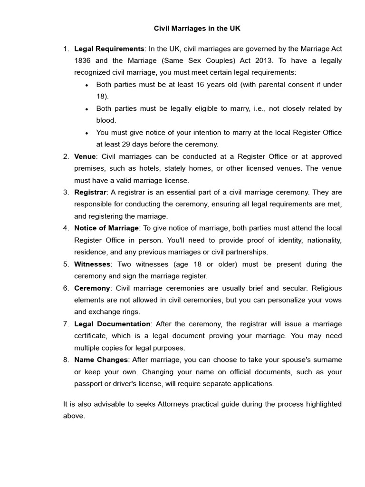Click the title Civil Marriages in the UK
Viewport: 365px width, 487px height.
[197, 29]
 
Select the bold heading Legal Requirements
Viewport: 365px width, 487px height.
[109, 49]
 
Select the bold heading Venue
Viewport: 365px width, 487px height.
[85, 156]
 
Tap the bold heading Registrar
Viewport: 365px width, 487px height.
[90, 192]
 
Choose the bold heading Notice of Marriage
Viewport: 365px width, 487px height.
[106, 228]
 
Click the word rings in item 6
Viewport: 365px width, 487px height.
[131, 312]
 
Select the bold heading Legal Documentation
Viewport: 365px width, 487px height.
[112, 324]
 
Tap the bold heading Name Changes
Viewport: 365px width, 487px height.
[101, 360]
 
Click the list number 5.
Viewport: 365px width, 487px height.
[66, 264]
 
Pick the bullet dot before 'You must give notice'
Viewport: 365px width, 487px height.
[86, 133]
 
